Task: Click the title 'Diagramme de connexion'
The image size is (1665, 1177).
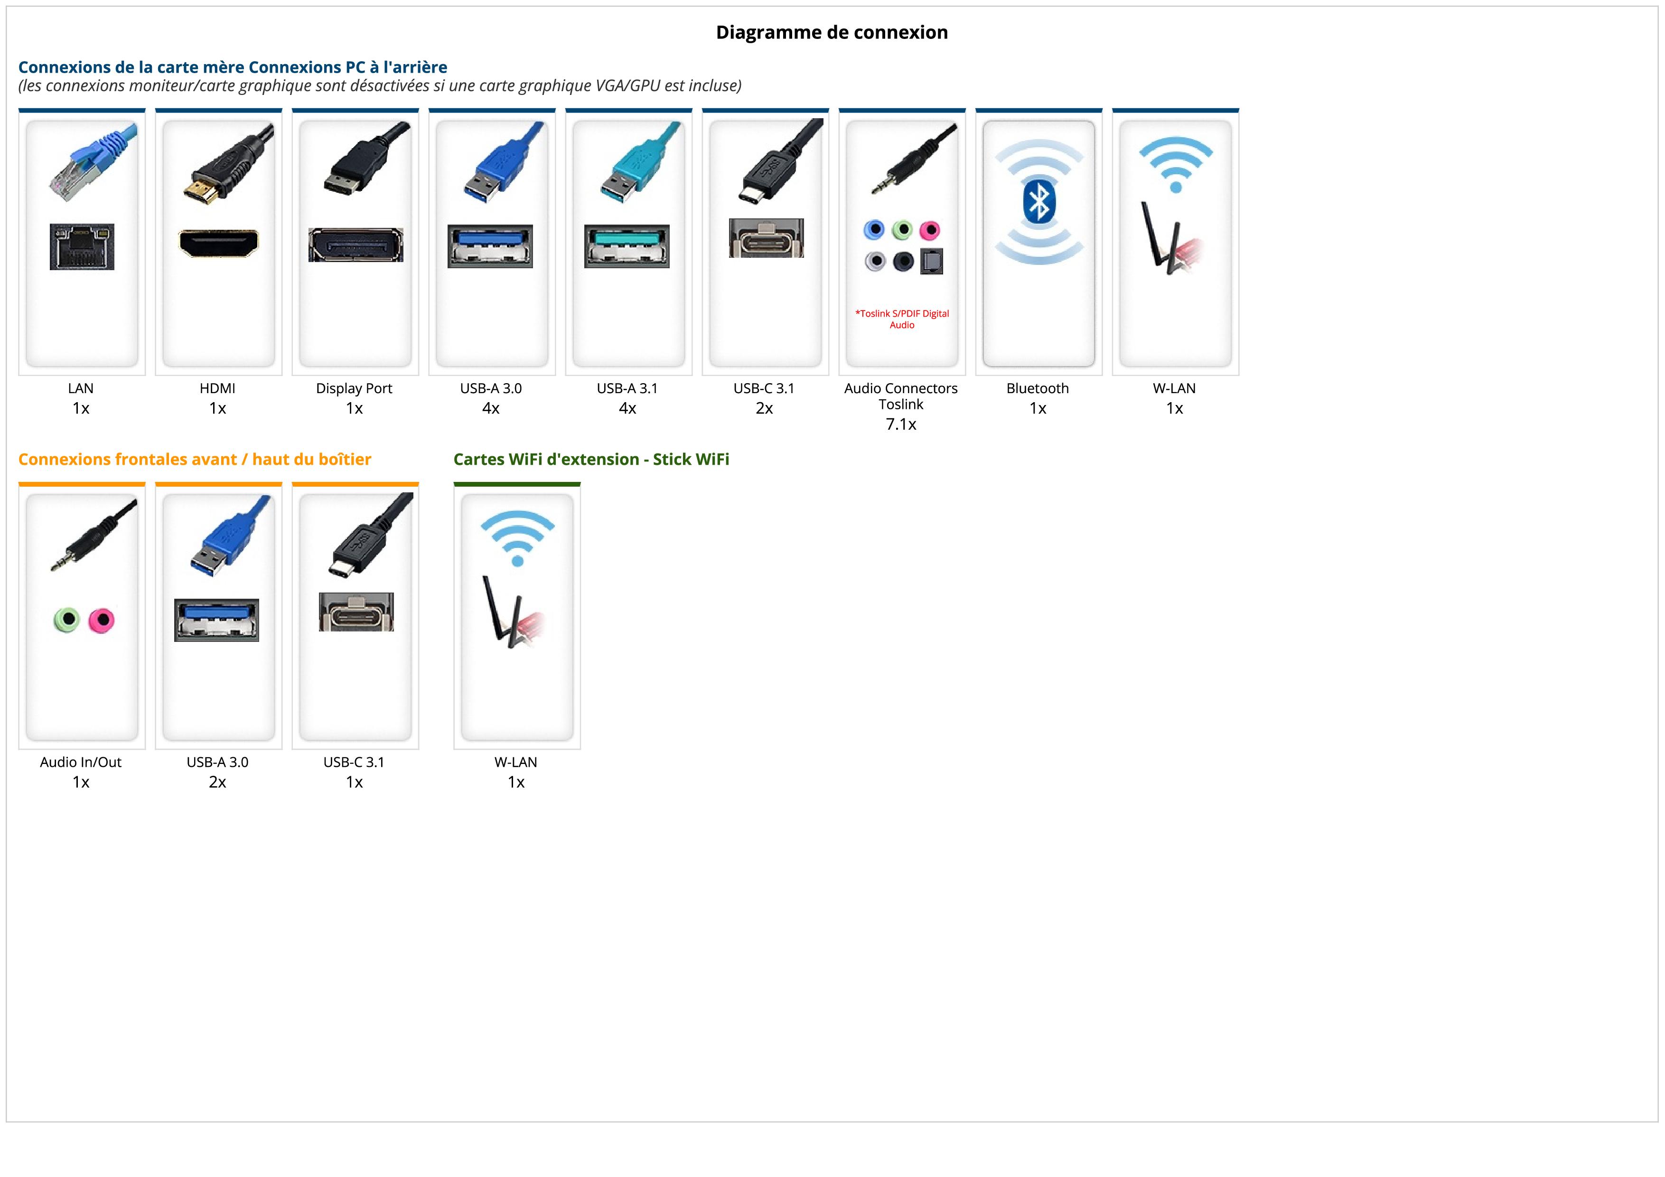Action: click(832, 33)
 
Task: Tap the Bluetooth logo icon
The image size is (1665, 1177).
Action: click(1038, 202)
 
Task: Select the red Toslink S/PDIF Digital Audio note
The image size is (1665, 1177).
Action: click(901, 319)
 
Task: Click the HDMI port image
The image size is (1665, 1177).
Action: click(218, 244)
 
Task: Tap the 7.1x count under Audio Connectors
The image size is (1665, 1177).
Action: click(901, 424)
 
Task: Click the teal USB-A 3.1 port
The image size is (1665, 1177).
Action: click(627, 246)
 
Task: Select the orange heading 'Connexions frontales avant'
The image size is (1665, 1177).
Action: click(194, 459)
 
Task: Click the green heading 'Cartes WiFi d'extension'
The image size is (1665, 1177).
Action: click(591, 459)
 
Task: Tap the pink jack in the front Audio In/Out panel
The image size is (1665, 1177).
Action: click(102, 620)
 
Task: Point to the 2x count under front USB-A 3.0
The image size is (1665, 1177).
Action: click(217, 782)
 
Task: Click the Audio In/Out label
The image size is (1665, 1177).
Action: click(81, 762)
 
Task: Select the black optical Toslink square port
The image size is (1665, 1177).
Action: click(931, 262)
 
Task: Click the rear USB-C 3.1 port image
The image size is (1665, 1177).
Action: click(766, 238)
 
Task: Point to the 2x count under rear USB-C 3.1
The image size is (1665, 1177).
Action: click(764, 408)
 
